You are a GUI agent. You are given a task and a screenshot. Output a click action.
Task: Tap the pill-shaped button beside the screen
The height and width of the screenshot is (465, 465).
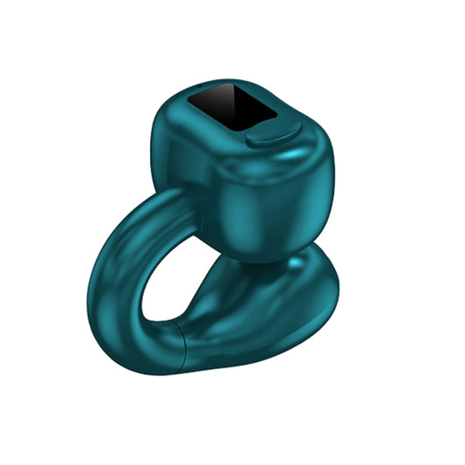pyautogui.click(x=273, y=133)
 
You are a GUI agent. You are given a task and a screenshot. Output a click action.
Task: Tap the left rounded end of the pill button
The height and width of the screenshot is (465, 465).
pyautogui.click(x=250, y=138)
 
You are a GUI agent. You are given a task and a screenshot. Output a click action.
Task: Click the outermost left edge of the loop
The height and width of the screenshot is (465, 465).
pyautogui.click(x=89, y=279)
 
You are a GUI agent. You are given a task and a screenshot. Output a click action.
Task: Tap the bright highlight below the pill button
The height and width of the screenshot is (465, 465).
pyautogui.click(x=288, y=157)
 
